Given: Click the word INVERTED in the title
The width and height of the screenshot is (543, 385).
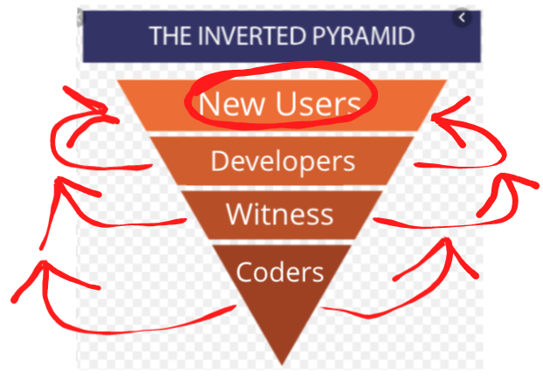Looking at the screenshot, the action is (253, 36).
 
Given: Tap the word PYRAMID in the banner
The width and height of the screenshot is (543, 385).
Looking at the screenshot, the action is (364, 36).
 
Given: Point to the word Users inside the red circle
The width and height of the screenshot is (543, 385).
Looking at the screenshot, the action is (318, 104).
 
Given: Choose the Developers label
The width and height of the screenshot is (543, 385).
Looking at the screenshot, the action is (283, 162).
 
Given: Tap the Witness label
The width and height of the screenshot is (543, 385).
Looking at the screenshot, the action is (279, 214).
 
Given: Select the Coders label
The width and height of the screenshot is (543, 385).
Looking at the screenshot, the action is (280, 272).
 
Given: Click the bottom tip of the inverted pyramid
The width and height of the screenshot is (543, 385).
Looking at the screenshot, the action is (282, 365).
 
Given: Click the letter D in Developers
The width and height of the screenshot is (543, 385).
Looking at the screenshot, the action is (221, 161).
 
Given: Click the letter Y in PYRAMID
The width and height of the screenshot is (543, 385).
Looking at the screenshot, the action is (333, 36).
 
